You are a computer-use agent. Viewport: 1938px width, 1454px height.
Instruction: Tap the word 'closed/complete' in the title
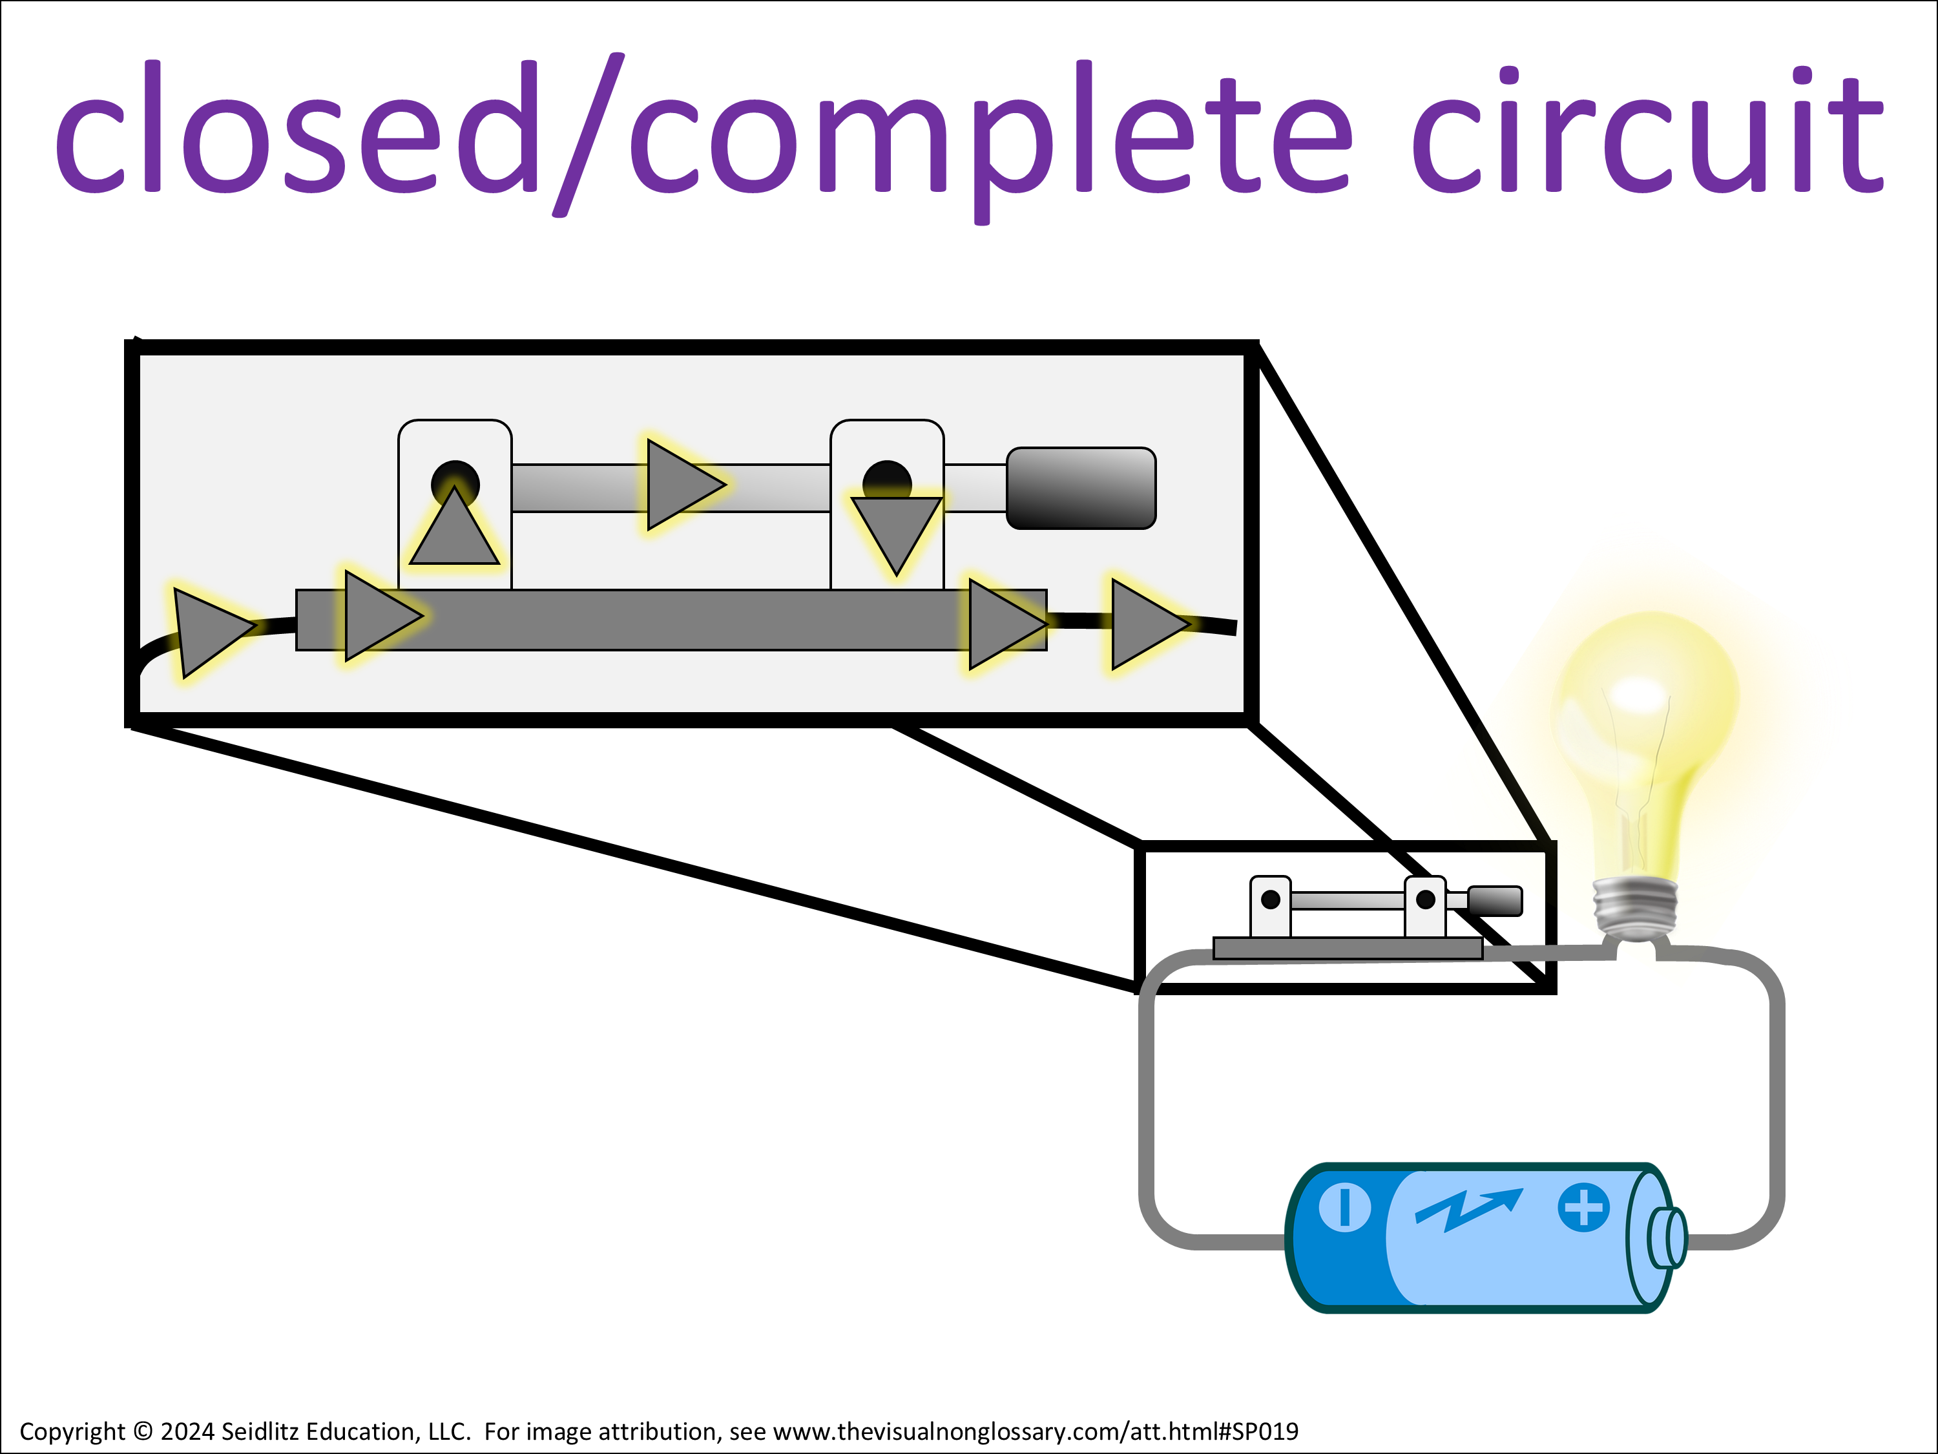[701, 131]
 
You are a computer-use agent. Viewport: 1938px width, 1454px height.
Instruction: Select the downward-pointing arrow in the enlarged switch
[896, 531]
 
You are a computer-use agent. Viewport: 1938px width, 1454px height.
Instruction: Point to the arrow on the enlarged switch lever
[682, 485]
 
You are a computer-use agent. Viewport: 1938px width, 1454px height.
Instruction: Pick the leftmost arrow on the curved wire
[209, 630]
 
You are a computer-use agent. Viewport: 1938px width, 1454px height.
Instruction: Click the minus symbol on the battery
[1344, 1208]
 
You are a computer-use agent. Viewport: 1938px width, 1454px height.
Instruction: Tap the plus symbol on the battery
[1583, 1208]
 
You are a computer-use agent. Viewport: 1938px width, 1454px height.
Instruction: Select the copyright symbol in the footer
[143, 1431]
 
